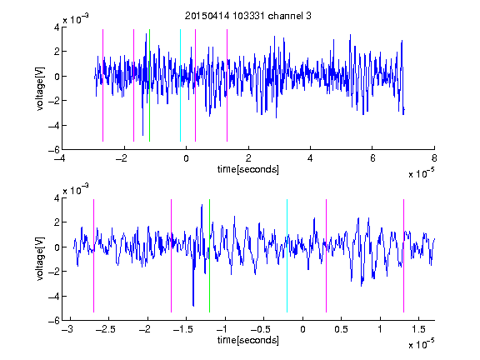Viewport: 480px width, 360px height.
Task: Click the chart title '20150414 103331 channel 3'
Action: click(x=248, y=16)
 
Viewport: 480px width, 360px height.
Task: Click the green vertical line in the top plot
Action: click(x=149, y=85)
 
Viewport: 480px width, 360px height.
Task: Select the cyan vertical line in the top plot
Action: click(x=180, y=85)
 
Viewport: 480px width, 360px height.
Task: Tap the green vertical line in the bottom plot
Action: click(x=209, y=256)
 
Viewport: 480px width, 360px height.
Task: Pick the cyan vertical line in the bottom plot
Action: click(x=287, y=256)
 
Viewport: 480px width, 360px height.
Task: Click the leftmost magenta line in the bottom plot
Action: click(x=93, y=256)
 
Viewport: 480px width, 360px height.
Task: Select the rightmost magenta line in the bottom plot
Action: click(x=403, y=256)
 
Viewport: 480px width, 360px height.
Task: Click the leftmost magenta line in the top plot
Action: click(x=102, y=85)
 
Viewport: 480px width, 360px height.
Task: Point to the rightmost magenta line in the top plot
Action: click(x=227, y=85)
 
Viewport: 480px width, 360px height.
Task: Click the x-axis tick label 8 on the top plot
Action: click(x=434, y=158)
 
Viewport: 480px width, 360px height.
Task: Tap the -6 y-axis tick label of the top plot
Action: click(x=54, y=150)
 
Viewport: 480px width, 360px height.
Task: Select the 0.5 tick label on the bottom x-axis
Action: click(x=342, y=329)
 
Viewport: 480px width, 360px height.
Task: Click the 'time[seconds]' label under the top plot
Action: click(x=248, y=169)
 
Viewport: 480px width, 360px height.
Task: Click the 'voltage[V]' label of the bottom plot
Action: click(x=40, y=259)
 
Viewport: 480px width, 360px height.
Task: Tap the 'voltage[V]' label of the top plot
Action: click(x=40, y=89)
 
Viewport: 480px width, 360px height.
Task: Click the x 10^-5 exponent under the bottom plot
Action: click(x=421, y=344)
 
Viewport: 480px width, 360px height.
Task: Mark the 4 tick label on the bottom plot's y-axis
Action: click(x=57, y=198)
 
